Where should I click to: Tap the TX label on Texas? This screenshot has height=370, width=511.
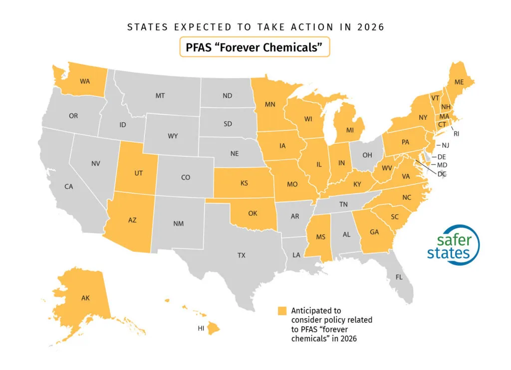coord(242,255)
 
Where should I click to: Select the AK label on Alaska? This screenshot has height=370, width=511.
coord(86,298)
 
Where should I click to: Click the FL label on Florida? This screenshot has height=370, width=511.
coord(399,276)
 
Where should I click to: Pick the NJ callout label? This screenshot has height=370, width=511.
coord(446,145)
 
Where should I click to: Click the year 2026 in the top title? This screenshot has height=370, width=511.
coord(370,27)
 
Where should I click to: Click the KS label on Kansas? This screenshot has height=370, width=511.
coord(244,183)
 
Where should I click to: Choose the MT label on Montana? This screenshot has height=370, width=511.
coord(160,95)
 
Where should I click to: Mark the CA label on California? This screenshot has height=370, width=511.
coord(69,187)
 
